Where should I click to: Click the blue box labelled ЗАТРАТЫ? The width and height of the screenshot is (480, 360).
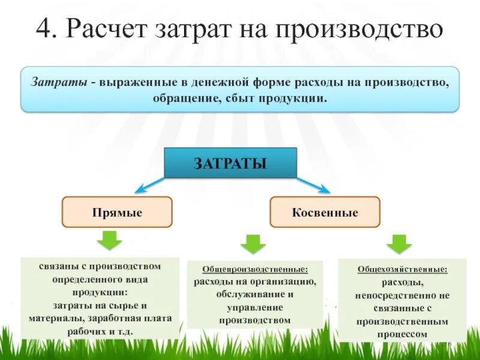230,163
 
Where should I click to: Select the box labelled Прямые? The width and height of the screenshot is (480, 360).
117,212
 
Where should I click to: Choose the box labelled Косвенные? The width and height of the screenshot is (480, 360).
325,212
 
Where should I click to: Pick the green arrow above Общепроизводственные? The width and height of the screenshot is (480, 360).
253,244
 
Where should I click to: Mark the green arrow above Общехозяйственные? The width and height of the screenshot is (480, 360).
398,244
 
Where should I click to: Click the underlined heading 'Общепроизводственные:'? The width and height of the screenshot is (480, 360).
255,270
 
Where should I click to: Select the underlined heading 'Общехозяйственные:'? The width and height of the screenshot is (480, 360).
403,269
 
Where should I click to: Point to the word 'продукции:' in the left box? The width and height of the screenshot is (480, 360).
100,292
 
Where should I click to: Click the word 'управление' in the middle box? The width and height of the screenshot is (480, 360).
255,308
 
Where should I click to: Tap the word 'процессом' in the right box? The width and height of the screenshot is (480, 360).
403,335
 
